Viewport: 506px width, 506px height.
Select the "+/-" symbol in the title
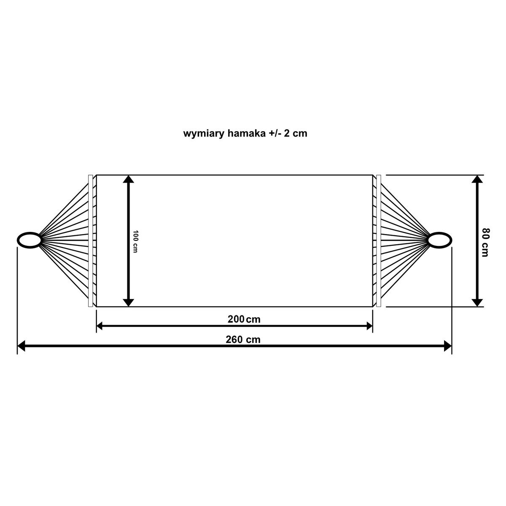[275, 133]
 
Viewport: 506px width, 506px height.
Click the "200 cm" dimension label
[244, 319]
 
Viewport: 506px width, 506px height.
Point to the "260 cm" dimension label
[243, 339]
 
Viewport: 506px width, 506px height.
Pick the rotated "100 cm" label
[135, 242]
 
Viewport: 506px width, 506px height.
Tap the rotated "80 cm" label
[485, 242]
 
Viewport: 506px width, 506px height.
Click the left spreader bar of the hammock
[90, 241]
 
